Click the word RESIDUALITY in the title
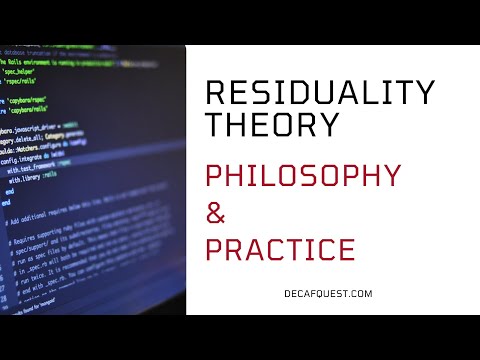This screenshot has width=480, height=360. pyautogui.click(x=319, y=94)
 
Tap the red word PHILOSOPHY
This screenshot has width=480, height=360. pyautogui.click(x=302, y=175)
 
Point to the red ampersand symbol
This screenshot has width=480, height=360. pyautogui.click(x=217, y=212)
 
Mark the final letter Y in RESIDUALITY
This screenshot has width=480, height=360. pyautogui.click(x=424, y=94)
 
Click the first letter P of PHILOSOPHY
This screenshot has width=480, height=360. pyautogui.click(x=215, y=175)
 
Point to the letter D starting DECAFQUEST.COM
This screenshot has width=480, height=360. pyautogui.click(x=260, y=294)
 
